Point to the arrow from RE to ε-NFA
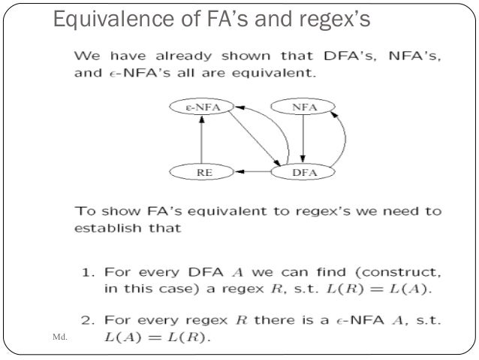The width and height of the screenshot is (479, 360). [x=199, y=140]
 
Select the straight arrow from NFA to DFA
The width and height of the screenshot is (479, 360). [x=303, y=140]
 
